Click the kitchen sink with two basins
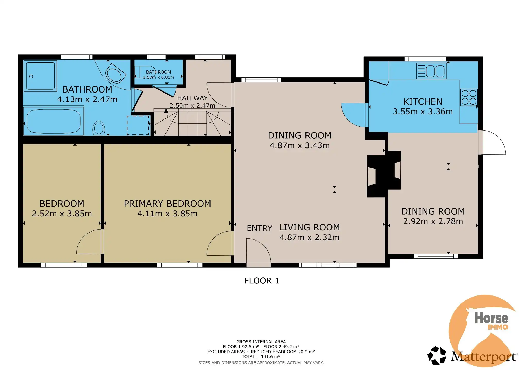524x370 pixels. pyautogui.click(x=431, y=71)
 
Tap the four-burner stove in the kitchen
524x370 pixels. pyautogui.click(x=469, y=97)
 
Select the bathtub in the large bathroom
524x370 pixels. pyautogui.click(x=54, y=121)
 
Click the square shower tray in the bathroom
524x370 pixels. pyautogui.click(x=40, y=76)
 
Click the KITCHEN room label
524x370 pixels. pyautogui.click(x=423, y=101)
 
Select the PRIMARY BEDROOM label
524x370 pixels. pyautogui.click(x=167, y=203)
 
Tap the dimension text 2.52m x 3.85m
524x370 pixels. pyautogui.click(x=62, y=214)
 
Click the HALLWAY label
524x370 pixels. pyautogui.click(x=192, y=98)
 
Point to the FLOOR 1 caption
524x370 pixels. pyautogui.click(x=262, y=281)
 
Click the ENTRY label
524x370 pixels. pyautogui.click(x=259, y=228)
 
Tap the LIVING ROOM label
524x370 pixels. pyautogui.click(x=309, y=227)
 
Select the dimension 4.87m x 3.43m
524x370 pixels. pyautogui.click(x=300, y=145)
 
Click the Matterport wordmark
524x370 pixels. pyautogui.click(x=484, y=357)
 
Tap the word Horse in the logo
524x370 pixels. pyautogui.click(x=491, y=318)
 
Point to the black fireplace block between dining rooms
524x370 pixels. pyautogui.click(x=384, y=174)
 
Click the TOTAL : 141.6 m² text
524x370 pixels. pyautogui.click(x=261, y=357)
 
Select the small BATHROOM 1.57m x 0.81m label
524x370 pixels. pyautogui.click(x=159, y=75)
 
